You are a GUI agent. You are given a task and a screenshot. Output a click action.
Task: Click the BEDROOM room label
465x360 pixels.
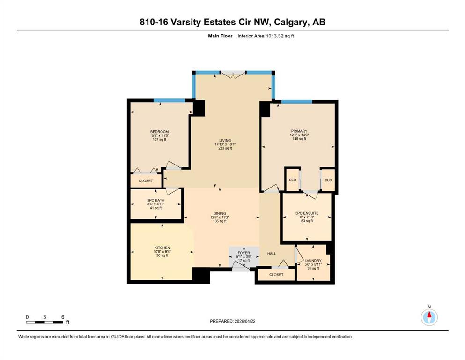tap(159, 132)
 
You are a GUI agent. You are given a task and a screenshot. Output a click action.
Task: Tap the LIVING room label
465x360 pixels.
tap(225, 141)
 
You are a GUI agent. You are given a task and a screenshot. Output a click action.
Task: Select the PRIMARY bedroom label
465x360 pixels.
tap(299, 131)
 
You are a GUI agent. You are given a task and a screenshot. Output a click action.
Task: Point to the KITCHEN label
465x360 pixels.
tap(162, 248)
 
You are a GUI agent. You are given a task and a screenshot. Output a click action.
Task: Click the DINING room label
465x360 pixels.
tap(220, 213)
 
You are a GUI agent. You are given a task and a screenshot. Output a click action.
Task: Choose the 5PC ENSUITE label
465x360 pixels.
tap(307, 213)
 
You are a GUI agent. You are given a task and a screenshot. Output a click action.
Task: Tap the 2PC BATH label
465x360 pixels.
tap(155, 200)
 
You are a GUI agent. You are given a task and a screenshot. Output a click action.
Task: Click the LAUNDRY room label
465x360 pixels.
tap(313, 261)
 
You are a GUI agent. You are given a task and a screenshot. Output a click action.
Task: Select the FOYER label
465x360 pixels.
tap(244, 253)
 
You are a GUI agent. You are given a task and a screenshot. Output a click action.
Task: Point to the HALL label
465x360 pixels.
tap(272, 254)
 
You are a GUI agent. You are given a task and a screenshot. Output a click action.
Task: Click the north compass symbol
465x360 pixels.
tap(429, 317)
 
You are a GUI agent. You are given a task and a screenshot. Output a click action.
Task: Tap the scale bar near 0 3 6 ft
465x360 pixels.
tap(44, 322)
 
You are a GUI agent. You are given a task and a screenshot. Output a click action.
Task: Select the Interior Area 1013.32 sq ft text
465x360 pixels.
tap(266, 36)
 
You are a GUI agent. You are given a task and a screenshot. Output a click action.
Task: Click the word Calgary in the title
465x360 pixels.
tap(290, 22)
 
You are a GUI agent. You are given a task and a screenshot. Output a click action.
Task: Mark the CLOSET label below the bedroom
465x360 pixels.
tap(146, 181)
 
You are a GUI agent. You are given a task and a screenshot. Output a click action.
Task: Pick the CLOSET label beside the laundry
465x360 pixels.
tap(276, 275)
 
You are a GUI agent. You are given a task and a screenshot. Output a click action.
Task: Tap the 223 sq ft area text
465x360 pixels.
tap(225, 148)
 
